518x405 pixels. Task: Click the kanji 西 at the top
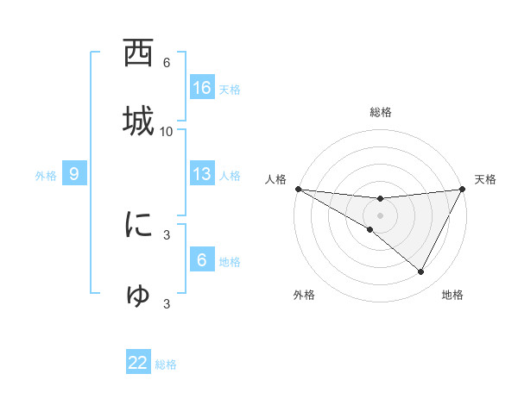[138, 55]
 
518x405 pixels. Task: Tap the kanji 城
[138, 120]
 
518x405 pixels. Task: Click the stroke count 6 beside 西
[167, 63]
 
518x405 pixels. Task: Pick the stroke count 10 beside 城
[167, 131]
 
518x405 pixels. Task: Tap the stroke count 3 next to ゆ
[167, 303]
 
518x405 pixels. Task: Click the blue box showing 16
[202, 87]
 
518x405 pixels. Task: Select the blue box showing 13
[202, 174]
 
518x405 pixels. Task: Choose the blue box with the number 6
[202, 259]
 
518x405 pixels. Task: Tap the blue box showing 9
[74, 174]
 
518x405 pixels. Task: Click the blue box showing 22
[138, 363]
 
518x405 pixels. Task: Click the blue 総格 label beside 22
[166, 364]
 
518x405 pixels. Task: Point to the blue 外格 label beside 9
[46, 176]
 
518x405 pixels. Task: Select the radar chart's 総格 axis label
[381, 112]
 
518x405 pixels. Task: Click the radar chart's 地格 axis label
[452, 295]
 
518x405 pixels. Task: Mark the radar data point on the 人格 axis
[298, 188]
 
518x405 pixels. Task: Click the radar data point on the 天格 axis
[463, 189]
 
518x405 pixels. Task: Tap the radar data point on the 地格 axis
[420, 271]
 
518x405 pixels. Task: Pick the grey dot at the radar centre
[380, 215]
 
